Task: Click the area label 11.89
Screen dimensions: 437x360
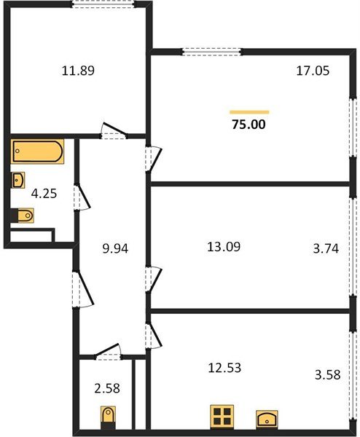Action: pos(79,71)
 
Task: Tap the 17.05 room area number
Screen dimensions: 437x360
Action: pos(312,72)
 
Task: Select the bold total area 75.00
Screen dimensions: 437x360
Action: pos(249,125)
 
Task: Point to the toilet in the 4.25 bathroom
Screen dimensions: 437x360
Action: pos(23,216)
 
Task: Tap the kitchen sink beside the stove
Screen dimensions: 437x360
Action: pos(266,419)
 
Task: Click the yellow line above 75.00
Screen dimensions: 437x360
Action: pos(249,111)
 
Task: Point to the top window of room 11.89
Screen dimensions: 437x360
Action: pos(103,4)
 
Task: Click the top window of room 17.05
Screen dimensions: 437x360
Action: pos(211,50)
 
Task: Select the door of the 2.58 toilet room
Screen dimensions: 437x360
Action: pos(108,350)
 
